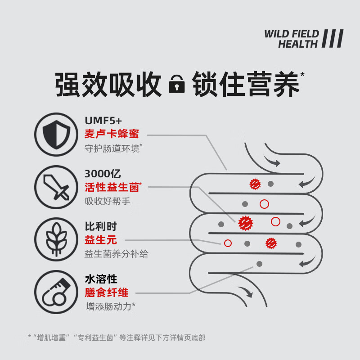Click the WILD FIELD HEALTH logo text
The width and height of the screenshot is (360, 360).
tap(291, 39)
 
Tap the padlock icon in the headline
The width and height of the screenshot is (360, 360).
tap(176, 85)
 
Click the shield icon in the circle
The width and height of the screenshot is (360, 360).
tap(56, 134)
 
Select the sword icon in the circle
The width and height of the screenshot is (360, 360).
tap(56, 186)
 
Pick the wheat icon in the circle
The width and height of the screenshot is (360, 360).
tap(56, 239)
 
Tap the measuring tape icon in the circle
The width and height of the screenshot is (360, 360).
tap(56, 291)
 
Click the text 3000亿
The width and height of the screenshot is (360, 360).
tap(103, 173)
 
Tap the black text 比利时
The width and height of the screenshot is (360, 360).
tap(101, 226)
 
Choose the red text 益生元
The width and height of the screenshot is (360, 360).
tap(101, 240)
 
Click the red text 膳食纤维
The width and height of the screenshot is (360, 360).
tap(107, 292)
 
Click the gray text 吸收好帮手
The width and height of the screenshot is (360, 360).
tap(108, 201)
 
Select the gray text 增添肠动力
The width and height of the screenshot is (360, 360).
tap(110, 306)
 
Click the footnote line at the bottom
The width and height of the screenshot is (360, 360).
tap(117, 337)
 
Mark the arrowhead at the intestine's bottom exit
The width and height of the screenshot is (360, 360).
tap(248, 294)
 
